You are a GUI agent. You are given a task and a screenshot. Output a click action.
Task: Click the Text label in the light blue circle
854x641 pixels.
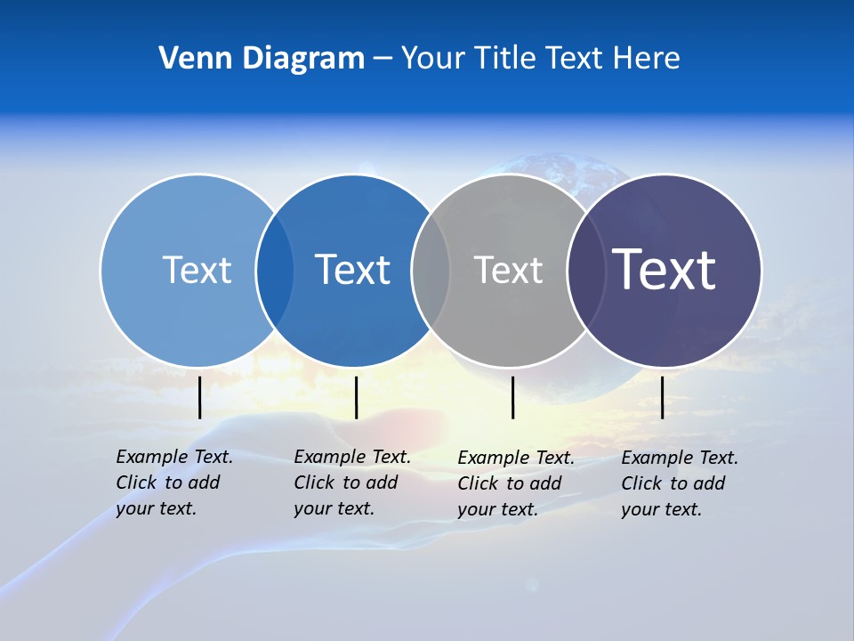pyautogui.click(x=197, y=270)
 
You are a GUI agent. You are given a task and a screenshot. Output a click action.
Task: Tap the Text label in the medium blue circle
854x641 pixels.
pyautogui.click(x=352, y=270)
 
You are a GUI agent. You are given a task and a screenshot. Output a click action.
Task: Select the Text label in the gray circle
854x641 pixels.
pyautogui.click(x=508, y=270)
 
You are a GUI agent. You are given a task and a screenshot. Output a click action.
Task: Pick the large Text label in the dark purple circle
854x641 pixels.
pyautogui.click(x=665, y=269)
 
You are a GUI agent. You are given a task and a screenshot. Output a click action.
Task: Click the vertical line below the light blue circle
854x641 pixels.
pyautogui.click(x=199, y=397)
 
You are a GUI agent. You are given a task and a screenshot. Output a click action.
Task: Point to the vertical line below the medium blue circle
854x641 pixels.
pyautogui.click(x=356, y=397)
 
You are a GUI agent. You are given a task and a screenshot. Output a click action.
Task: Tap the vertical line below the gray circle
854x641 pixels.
pyautogui.click(x=512, y=397)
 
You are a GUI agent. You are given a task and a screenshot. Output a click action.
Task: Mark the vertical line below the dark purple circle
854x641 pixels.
pyautogui.click(x=663, y=397)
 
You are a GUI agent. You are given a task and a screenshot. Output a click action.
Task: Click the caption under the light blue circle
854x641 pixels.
pyautogui.click(x=174, y=483)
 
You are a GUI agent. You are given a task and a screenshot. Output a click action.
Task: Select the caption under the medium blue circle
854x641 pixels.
pyautogui.click(x=352, y=483)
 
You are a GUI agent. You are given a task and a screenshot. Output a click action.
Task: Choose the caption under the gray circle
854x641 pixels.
pyautogui.click(x=516, y=483)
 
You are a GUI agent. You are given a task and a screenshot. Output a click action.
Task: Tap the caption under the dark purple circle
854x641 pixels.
pyautogui.click(x=680, y=483)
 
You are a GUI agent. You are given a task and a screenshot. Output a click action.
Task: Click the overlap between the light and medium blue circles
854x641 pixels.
pyautogui.click(x=275, y=270)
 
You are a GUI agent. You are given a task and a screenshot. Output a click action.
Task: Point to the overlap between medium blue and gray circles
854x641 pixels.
pyautogui.click(x=431, y=270)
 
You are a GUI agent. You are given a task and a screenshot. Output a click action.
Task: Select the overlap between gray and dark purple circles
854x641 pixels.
pyautogui.click(x=586, y=270)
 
